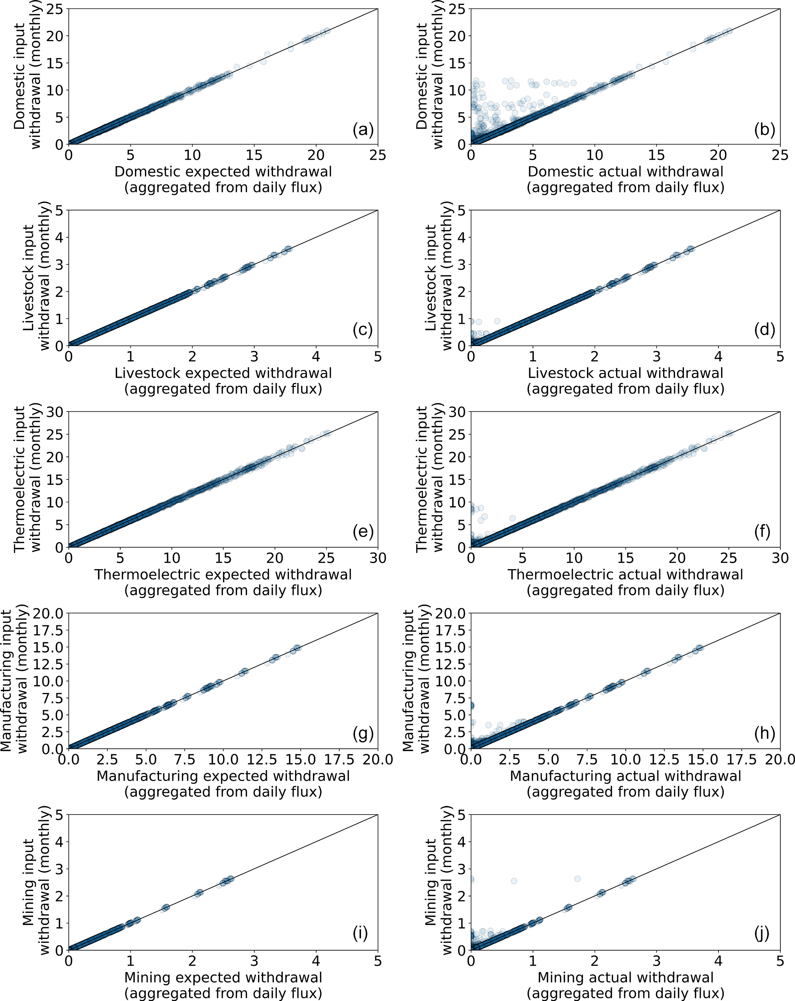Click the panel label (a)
click(x=363, y=130)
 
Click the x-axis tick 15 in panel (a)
click(x=254, y=155)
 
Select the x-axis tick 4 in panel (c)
click(x=316, y=356)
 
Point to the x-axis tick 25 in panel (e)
click(x=326, y=558)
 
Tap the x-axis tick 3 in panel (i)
click(x=254, y=961)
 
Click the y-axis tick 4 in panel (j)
click(x=461, y=842)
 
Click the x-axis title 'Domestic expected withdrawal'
click(x=223, y=172)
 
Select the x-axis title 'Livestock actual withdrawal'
click(x=625, y=373)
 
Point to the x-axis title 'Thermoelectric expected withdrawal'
click(x=223, y=575)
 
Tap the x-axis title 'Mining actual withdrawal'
click(x=625, y=977)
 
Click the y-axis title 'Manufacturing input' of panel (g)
click(x=7, y=681)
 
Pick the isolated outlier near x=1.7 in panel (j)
click(x=577, y=878)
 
